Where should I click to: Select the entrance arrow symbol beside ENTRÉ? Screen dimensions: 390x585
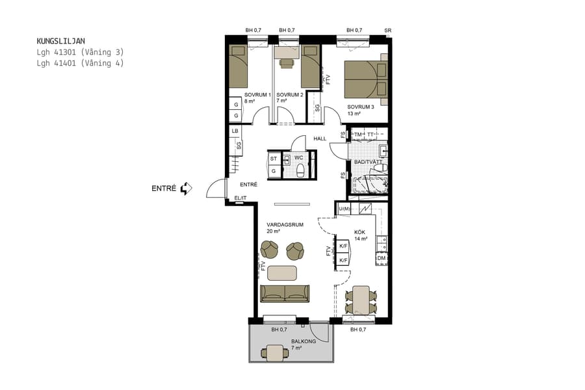point(187,188)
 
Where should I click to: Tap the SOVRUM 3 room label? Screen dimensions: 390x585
point(360,107)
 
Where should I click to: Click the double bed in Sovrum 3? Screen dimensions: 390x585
point(365,79)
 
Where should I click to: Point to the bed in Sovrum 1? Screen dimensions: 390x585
point(238,66)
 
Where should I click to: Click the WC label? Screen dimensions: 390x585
point(298,157)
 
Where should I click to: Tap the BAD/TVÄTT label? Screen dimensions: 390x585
point(367,162)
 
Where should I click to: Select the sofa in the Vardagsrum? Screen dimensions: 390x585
point(285,293)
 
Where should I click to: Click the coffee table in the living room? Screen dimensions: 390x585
point(282,272)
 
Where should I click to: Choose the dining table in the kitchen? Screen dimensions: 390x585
point(360,300)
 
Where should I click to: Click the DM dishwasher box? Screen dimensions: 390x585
point(382,259)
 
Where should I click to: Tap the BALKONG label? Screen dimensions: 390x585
point(304,341)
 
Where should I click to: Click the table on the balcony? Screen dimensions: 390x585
point(276,353)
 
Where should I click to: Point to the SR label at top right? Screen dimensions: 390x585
point(388,31)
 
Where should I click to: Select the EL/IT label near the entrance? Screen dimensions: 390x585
point(241,198)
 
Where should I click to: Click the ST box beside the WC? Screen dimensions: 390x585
point(274,159)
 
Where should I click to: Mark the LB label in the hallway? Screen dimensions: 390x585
point(235,131)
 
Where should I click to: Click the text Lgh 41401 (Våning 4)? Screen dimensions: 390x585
point(80,63)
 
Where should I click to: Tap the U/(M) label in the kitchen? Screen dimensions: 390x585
point(344,209)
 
